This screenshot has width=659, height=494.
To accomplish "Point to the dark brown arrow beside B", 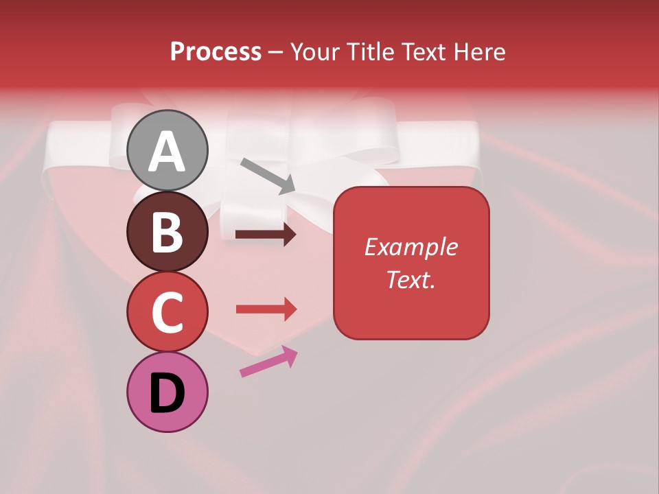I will (266, 235).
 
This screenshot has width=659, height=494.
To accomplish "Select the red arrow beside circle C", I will (266, 309).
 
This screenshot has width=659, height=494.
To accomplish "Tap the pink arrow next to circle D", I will (268, 361).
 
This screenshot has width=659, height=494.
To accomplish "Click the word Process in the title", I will (216, 51).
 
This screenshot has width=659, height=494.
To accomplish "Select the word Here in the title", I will (479, 51).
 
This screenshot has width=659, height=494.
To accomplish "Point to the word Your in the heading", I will (313, 51).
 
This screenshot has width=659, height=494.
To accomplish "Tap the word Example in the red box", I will (411, 247).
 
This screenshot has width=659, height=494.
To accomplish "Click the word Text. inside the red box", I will (411, 279).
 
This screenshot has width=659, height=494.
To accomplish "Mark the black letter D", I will (167, 393).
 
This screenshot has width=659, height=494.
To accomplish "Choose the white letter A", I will (167, 152).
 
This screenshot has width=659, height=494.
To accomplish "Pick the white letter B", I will (167, 232).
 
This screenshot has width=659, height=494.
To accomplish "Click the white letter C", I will (167, 312).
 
